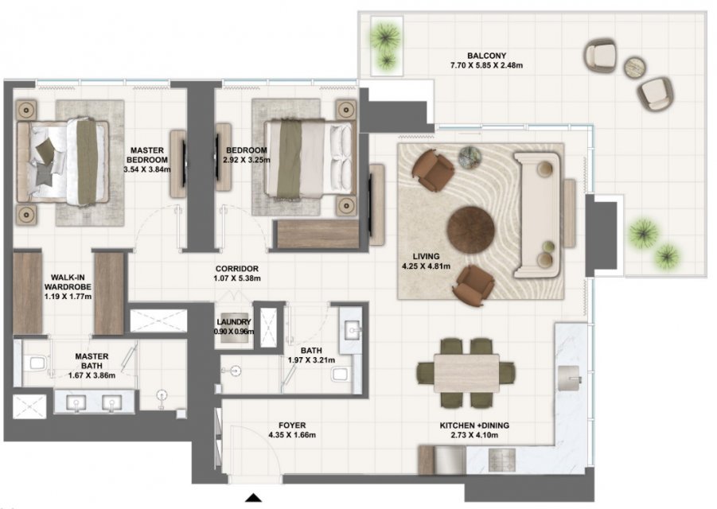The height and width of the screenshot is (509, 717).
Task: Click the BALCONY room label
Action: point(486,56)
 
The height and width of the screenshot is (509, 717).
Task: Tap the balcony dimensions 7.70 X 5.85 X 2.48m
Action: point(486,65)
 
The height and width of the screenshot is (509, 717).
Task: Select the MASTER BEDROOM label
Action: point(146,155)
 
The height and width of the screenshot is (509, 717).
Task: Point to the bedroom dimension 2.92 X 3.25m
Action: point(247,160)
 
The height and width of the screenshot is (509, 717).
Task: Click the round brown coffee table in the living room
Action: point(470,229)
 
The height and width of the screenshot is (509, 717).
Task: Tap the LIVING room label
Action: point(426,256)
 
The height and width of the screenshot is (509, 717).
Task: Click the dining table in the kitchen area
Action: point(466,372)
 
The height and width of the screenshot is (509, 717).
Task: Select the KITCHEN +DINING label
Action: point(474,425)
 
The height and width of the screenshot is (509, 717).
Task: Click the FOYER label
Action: point(292,425)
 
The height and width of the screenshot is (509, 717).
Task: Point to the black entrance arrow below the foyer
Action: point(253,498)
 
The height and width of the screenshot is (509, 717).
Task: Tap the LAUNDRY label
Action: point(234,322)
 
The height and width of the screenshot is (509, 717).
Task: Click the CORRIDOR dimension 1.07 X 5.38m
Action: point(237,278)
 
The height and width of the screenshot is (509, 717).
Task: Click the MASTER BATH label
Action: point(92,361)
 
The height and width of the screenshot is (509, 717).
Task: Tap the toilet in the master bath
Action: point(35,363)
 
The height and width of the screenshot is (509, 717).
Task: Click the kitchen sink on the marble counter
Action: point(569,379)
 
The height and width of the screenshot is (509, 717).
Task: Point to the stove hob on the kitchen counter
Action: point(501,460)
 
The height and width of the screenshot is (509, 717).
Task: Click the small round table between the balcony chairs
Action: point(635,67)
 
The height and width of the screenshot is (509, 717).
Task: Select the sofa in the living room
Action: point(537,216)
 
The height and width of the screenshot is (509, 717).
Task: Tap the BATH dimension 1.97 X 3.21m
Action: point(311,360)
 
